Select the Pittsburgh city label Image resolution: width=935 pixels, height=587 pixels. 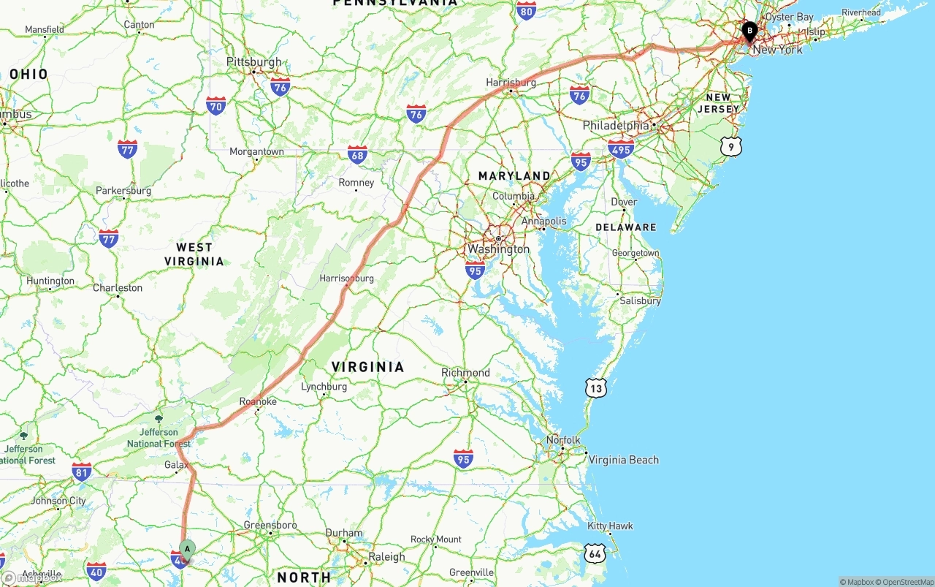coord(253,62)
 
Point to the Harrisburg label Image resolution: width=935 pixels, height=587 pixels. coord(511,83)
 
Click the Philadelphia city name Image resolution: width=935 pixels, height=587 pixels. coord(616,126)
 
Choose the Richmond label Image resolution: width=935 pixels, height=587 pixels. coord(465,373)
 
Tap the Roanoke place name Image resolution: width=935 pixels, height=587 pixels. coord(258,401)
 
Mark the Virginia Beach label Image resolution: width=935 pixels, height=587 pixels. coord(623,460)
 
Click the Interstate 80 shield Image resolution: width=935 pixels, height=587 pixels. coord(526,10)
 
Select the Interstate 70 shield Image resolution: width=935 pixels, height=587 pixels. coord(215,106)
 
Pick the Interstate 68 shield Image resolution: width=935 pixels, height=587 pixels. coord(357,154)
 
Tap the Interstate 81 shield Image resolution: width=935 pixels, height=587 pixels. coord(82,472)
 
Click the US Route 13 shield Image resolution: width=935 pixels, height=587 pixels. coord(596,388)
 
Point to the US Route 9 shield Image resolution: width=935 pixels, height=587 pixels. coord(731,147)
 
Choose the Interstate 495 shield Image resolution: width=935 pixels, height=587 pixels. coord(620,149)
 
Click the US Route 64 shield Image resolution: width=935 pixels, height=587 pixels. coord(595,553)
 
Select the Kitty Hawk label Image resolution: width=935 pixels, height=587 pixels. coord(610,526)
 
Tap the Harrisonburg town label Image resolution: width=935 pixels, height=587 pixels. coord(346,279)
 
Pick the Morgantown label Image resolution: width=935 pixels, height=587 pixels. coord(256,152)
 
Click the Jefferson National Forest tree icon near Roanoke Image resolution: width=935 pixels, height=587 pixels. coord(159,419)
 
